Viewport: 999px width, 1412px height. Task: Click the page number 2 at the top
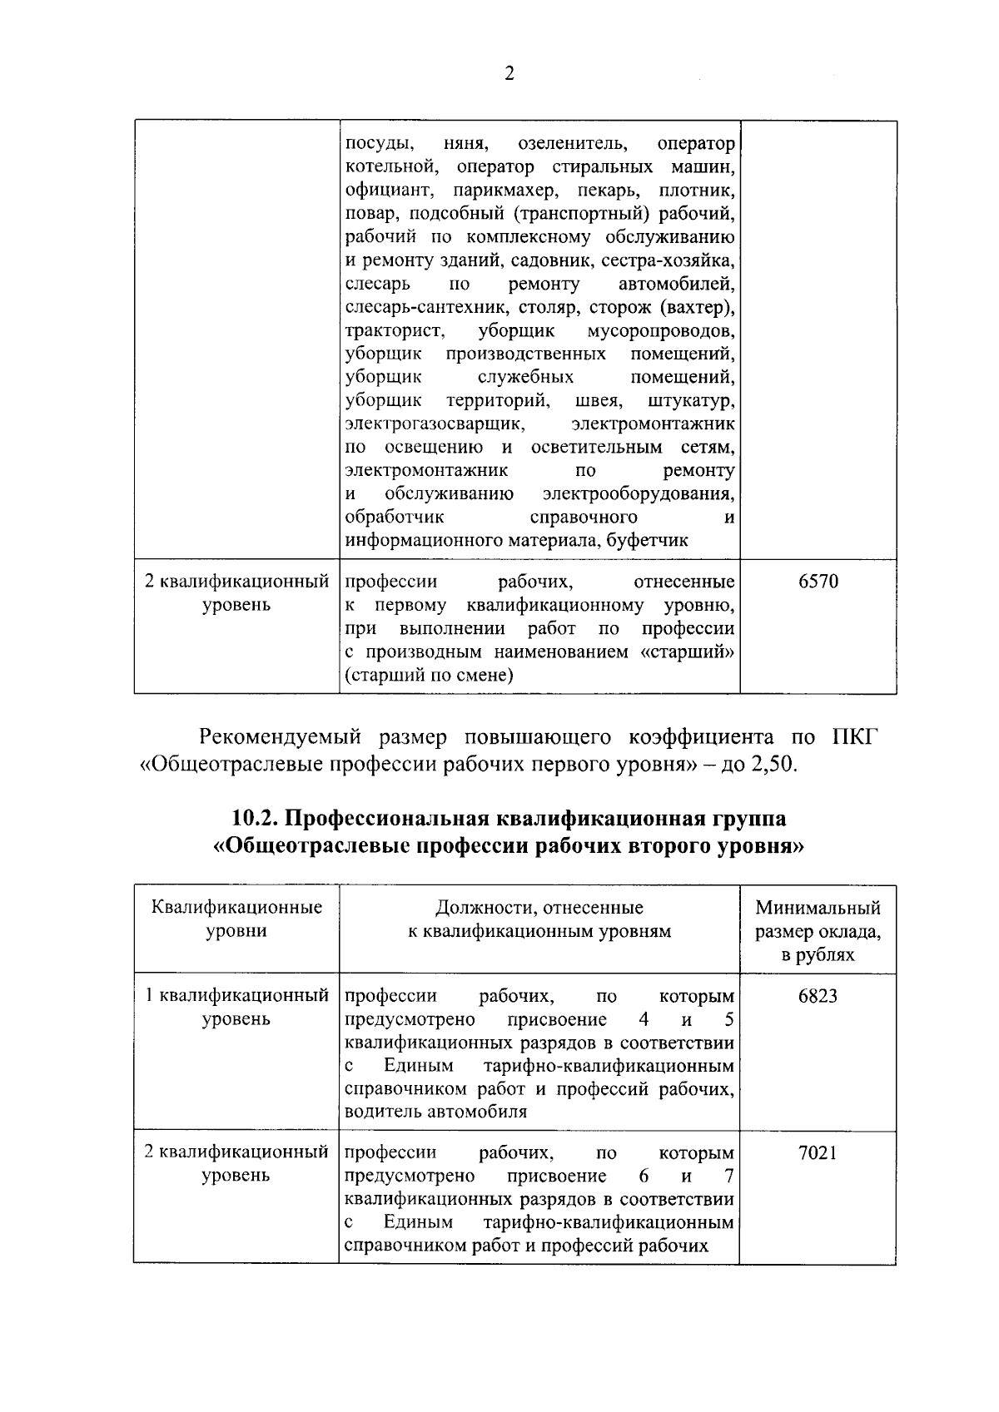coord(509,74)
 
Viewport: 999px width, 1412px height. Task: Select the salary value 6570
coord(818,582)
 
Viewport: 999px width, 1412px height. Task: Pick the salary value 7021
coord(818,1153)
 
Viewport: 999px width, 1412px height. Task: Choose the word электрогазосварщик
coord(435,424)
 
